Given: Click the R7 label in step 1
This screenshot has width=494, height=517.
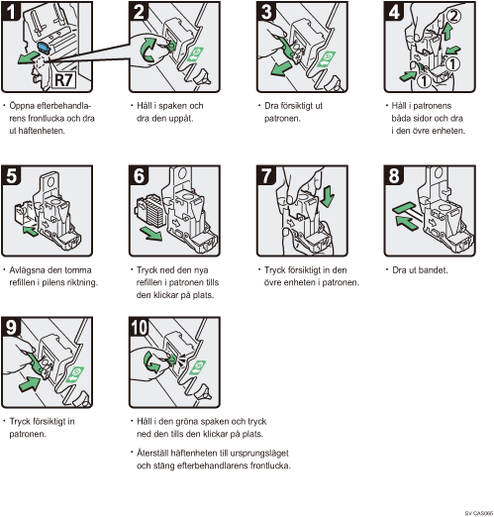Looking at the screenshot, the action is [64, 80].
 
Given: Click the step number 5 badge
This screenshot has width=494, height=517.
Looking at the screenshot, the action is [12, 175].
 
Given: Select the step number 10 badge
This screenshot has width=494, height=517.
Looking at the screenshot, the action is [140, 327].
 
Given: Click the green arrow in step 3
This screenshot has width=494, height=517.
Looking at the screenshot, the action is [280, 69].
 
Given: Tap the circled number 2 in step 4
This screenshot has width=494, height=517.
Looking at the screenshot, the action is [453, 16].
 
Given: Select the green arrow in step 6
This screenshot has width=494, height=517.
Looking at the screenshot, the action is [150, 233].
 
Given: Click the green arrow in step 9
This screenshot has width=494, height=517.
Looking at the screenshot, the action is [30, 384].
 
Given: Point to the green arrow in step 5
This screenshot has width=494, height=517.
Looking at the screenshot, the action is [31, 231].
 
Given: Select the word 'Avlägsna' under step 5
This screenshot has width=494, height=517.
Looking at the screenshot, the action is [29, 270].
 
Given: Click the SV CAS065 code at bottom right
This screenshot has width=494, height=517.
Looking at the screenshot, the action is [478, 513].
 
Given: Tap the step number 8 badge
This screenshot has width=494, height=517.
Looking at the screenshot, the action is [394, 175].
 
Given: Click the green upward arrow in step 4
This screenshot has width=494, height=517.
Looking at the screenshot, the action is [447, 33].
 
